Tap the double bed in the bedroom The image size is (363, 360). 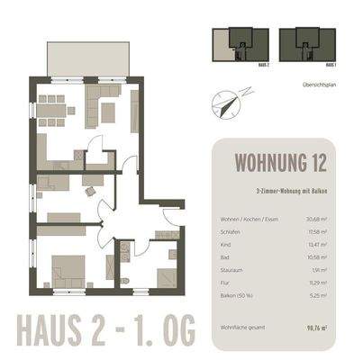click(x=69, y=271)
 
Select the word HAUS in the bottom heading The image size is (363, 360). click(x=53, y=331)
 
